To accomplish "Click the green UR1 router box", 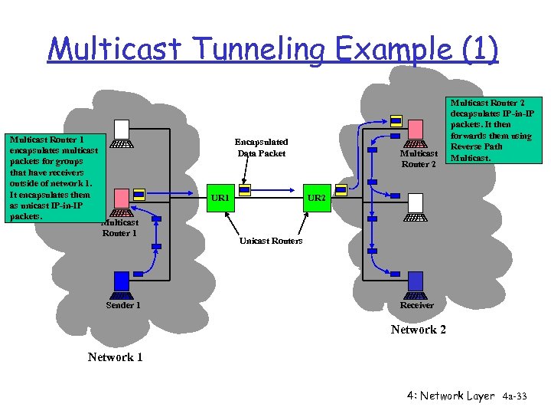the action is tap(220, 198).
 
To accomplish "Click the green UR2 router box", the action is tap(317, 198).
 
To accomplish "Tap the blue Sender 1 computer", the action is tap(122, 285).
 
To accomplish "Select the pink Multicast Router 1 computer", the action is tap(122, 202).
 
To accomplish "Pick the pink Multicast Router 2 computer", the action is tap(416, 133).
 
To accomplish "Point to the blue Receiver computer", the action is tap(416, 285).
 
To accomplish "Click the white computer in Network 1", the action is tap(122, 133).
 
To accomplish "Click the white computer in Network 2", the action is tap(416, 207).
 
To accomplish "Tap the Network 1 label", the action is tap(115, 357).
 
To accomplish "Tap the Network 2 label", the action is tap(418, 330).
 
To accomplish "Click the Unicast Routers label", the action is tap(271, 241).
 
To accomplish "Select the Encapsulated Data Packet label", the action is tap(262, 147).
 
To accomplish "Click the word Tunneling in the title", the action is tap(259, 49).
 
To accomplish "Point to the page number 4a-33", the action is tap(514, 396).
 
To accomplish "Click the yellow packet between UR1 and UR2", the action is tap(245, 190).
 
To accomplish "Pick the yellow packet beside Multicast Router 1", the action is tap(139, 194).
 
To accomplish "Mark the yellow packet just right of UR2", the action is tap(341, 190).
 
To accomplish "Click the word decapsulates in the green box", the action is tap(475, 113).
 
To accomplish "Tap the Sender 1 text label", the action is tap(123, 305).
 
